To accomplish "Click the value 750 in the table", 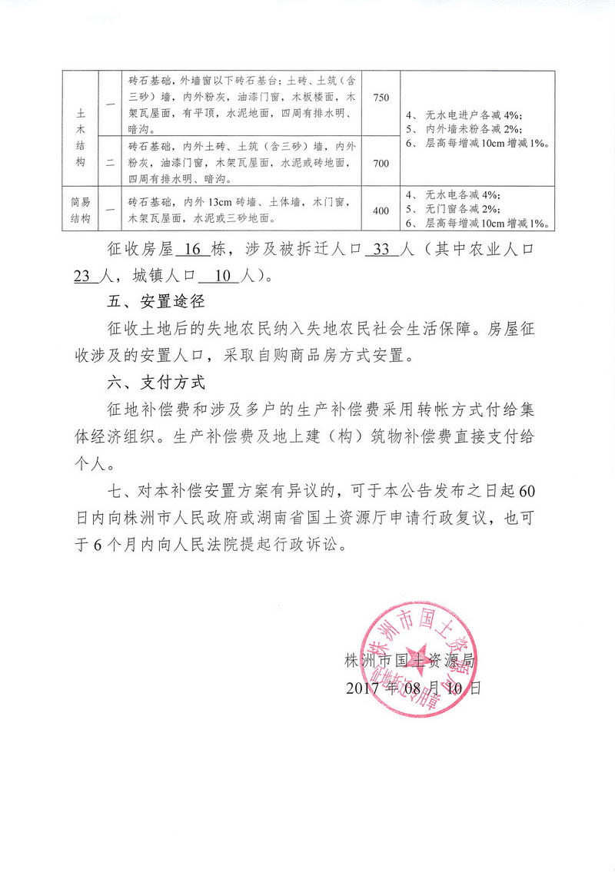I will click(x=381, y=98).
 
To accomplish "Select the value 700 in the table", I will click(x=381, y=163).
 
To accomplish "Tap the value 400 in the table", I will click(x=381, y=210).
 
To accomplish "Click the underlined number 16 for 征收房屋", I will click(x=188, y=250).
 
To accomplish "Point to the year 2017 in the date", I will click(x=365, y=688).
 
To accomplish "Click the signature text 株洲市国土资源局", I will click(x=408, y=661).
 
